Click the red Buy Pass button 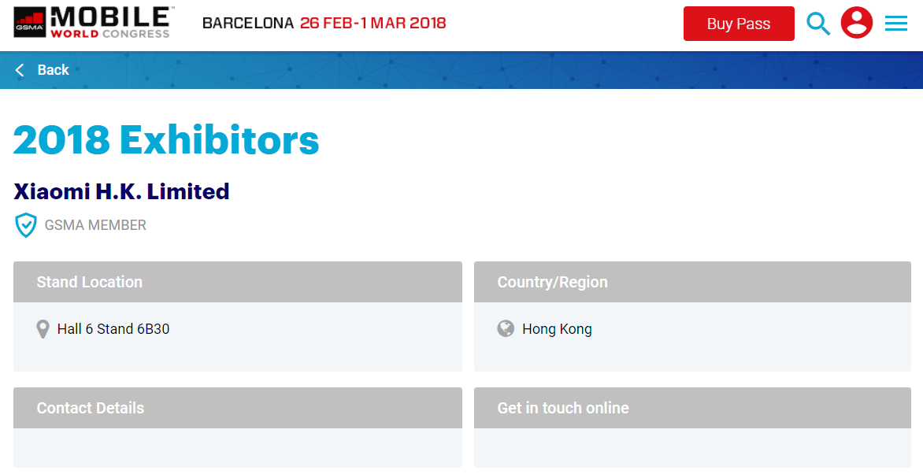(x=739, y=24)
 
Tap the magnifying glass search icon (x=818, y=24)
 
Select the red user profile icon (x=857, y=23)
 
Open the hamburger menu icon (x=896, y=24)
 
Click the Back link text (x=53, y=70)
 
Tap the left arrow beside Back (x=20, y=70)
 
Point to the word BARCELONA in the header (x=248, y=24)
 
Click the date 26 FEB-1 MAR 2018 (x=373, y=24)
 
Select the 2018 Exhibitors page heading (x=166, y=140)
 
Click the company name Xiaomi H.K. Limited (x=121, y=191)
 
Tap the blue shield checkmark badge (x=26, y=225)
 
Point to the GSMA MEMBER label (x=95, y=225)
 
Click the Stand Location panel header (x=238, y=282)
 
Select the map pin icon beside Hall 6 (x=43, y=329)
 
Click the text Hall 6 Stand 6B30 (x=113, y=329)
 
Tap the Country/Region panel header (x=692, y=282)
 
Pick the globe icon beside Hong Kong (x=506, y=328)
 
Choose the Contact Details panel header (x=238, y=408)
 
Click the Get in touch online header (x=692, y=408)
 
